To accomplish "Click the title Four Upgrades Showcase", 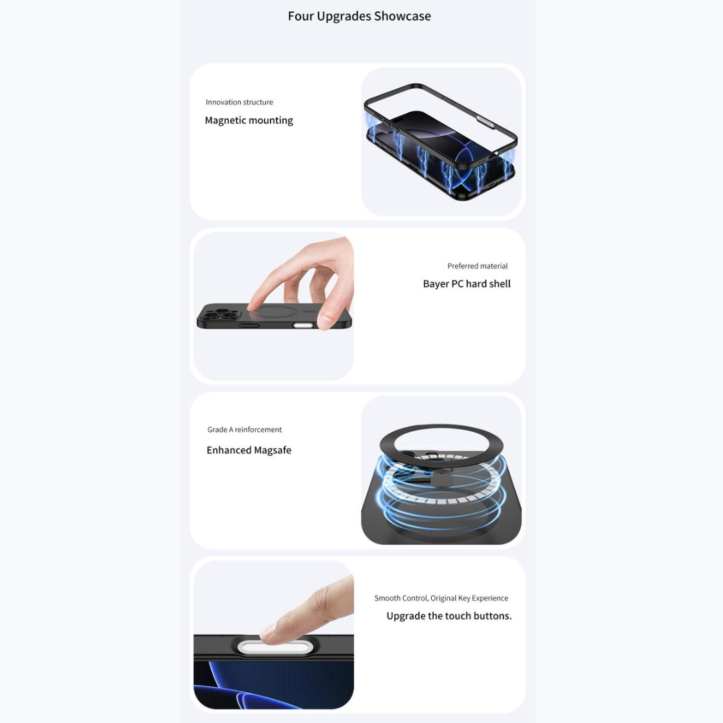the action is (359, 16).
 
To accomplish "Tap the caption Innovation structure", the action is (239, 102).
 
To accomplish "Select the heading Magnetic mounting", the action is (249, 120).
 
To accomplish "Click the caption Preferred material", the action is (477, 266).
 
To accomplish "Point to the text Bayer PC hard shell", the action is (467, 284).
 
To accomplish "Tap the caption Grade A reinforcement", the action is (244, 430).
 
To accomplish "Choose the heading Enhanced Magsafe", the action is (249, 450).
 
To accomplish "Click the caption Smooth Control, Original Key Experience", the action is (441, 598).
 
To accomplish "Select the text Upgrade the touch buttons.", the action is (449, 616).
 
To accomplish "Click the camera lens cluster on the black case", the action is (220, 315).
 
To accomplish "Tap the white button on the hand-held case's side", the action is (303, 325).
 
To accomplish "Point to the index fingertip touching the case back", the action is (252, 304).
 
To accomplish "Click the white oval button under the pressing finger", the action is (275, 647).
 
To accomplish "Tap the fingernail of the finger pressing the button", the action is (268, 630).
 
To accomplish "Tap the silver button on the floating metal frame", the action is (485, 121).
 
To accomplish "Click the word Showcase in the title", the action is (402, 16).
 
